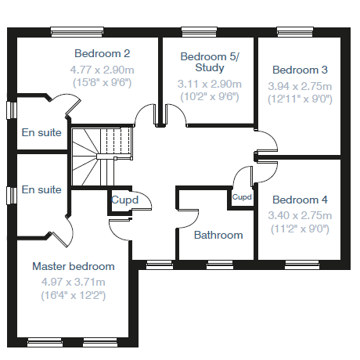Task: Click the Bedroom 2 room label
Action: point(102,53)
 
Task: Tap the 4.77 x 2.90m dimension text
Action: point(102,70)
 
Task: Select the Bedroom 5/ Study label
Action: point(210,62)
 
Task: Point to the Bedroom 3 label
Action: point(300,70)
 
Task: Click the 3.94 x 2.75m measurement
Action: point(300,86)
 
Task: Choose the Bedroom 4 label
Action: point(300,200)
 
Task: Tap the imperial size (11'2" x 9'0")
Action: point(300,229)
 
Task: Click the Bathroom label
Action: point(218,235)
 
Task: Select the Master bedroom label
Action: point(74,266)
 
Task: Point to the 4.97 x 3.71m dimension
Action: point(74,282)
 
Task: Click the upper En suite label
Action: point(41,132)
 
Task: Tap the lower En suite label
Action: point(41,189)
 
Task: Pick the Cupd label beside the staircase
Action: point(124,200)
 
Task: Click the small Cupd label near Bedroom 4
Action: point(242,197)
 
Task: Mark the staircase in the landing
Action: point(102,157)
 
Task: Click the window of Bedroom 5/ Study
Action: point(199,32)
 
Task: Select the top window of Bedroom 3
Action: point(295,32)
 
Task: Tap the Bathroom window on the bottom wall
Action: point(220,265)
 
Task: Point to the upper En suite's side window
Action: point(12,110)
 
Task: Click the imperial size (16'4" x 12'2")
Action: point(74,295)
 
